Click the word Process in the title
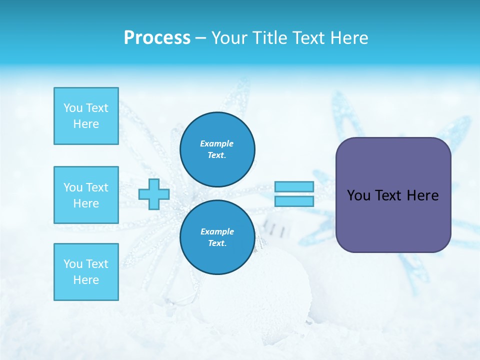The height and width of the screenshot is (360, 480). [157, 38]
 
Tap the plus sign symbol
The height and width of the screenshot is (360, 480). [153, 194]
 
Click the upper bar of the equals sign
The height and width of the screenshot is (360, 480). [294, 186]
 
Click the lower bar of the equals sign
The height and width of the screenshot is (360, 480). [294, 201]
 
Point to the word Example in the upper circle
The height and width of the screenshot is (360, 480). [217, 143]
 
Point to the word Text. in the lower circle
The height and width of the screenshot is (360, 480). [217, 243]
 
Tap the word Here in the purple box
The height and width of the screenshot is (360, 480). [422, 195]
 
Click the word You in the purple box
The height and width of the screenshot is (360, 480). [358, 195]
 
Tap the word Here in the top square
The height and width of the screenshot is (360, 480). [86, 124]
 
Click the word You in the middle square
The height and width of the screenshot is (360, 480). [73, 187]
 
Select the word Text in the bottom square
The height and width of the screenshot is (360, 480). [97, 264]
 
